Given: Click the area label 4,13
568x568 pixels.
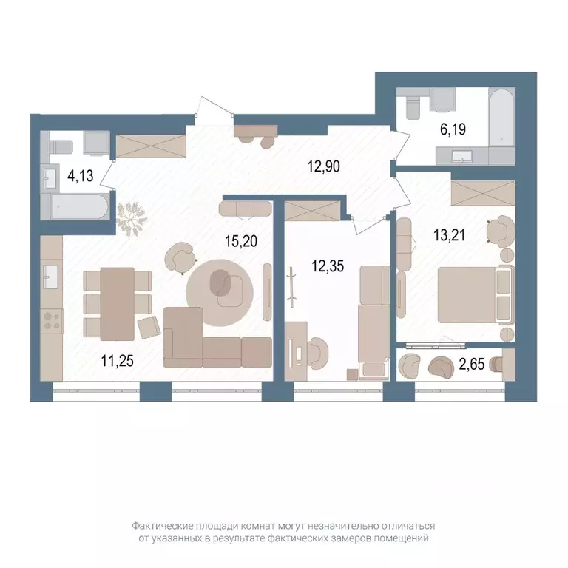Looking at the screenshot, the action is tap(81, 176).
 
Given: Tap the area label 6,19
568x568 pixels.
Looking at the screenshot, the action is tap(453, 129).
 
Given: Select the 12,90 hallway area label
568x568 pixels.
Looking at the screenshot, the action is tap(323, 166).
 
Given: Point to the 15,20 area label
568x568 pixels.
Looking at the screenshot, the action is tap(241, 241).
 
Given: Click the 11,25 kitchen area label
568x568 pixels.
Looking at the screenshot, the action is tap(118, 361).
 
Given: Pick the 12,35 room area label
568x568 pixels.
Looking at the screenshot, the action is tap(328, 266).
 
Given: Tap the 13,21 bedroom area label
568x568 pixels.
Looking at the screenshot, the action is tap(449, 235).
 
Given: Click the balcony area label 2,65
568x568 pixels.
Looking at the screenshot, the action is tap(472, 364).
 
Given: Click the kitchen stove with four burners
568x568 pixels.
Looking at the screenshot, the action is tap(52, 321).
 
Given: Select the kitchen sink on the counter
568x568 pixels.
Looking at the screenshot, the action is tap(50, 277).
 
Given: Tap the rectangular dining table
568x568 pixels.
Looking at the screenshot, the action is tap(118, 304).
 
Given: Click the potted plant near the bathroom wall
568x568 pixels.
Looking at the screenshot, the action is tap(132, 219).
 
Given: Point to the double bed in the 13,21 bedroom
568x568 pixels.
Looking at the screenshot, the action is tap(476, 294).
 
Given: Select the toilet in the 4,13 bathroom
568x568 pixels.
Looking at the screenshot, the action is tap(61, 147).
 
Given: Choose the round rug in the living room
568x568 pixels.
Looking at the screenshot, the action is tap(220, 293).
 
